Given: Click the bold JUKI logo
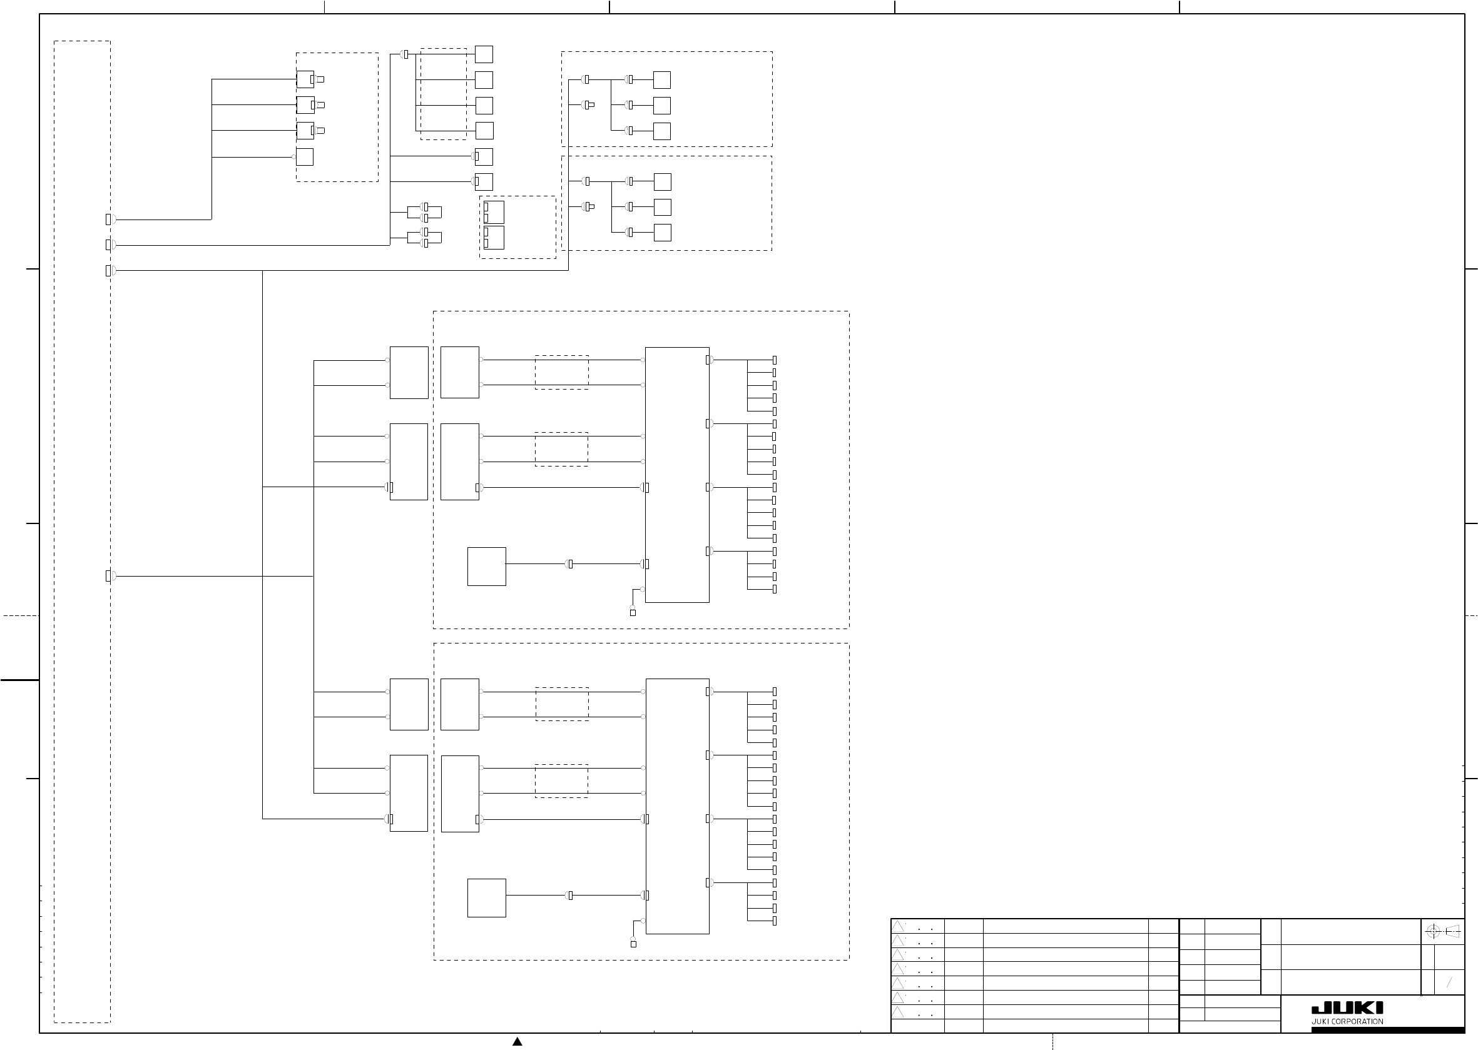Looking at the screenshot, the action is coord(1347,1009).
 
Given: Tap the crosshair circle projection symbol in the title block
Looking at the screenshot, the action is coord(1433,932).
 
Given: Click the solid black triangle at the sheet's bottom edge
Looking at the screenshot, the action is coord(517,1041).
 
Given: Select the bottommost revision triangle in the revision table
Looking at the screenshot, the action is coord(898,1012).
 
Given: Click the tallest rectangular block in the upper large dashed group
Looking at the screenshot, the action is coord(677,475).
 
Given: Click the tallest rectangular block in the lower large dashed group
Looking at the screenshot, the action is coord(677,806).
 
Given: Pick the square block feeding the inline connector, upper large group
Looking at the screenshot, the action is coord(487,567).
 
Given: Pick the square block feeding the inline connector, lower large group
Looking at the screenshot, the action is coord(487,898).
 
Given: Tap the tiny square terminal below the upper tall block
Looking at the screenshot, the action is coord(633,613).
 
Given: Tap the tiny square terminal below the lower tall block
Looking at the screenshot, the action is coord(633,944).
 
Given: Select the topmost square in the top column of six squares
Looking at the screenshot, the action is coord(484,54).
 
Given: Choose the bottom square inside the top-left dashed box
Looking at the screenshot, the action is coord(305,157).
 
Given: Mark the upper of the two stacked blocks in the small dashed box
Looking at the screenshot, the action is coord(494,213).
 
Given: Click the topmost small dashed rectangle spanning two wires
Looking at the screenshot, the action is coord(561,373).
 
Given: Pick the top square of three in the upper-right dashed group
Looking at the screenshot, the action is coord(661,80).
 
